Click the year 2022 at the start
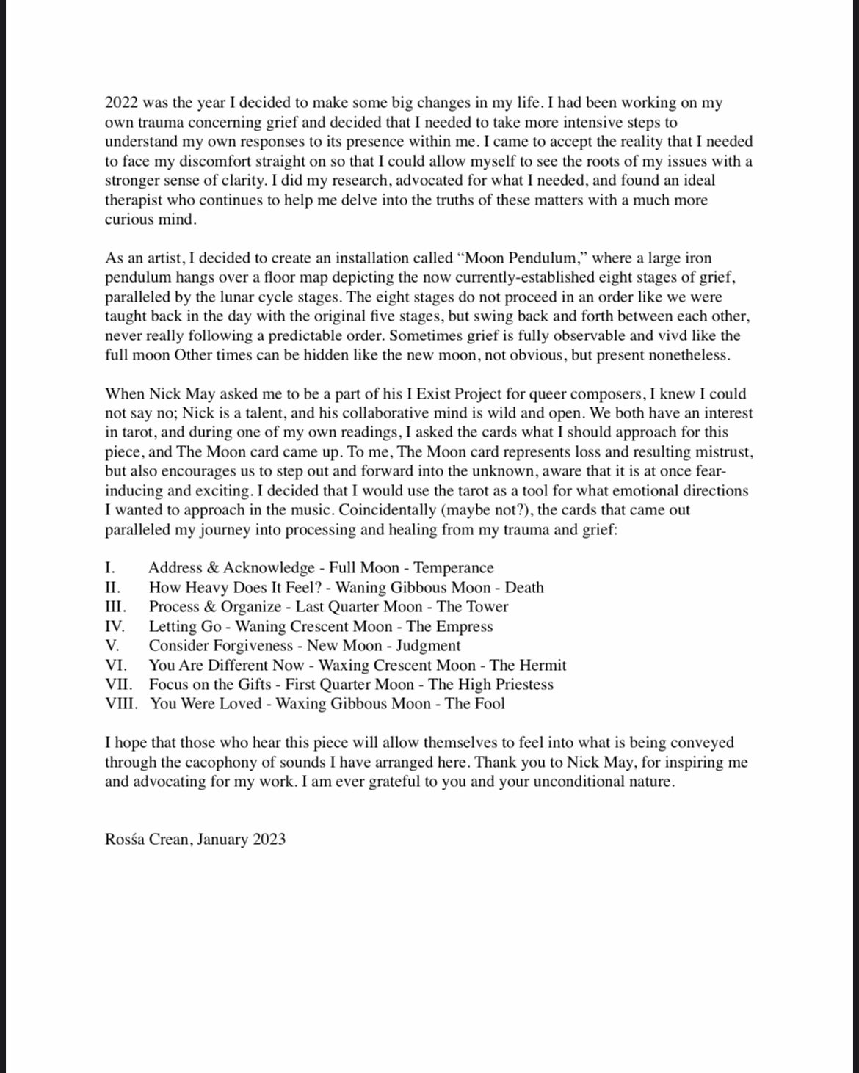[x=121, y=103]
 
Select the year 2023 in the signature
[x=269, y=840]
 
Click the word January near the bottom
[x=223, y=840]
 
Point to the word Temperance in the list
[x=454, y=568]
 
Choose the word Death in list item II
[x=524, y=588]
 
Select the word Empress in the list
[x=465, y=627]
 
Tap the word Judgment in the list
[x=428, y=646]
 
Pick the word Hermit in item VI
[x=543, y=666]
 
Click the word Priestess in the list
[x=523, y=685]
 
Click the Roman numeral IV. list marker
[x=115, y=627]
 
